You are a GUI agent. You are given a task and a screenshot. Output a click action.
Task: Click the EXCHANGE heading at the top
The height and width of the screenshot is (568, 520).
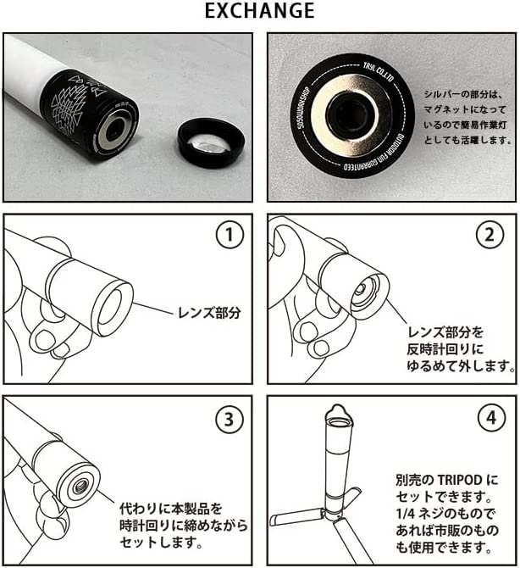coord(260,11)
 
